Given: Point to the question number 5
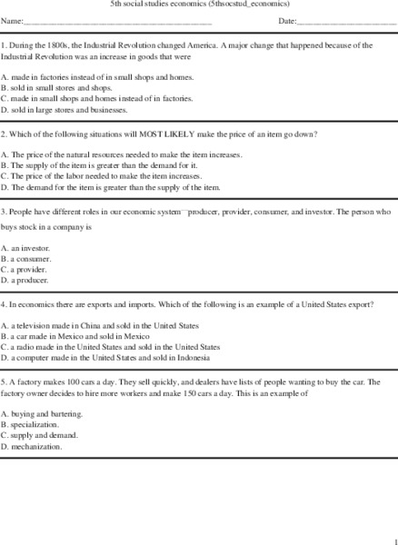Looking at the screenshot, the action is point(4,381).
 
